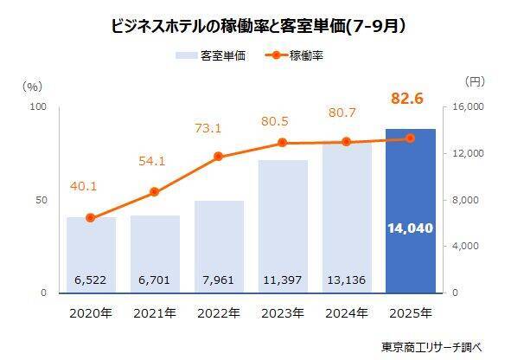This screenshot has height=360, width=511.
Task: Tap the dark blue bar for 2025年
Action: (x=410, y=211)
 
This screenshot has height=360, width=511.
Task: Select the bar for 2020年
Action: (x=91, y=254)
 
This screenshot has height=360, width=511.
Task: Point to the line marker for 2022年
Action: (x=218, y=157)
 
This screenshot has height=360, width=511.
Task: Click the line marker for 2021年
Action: (x=154, y=192)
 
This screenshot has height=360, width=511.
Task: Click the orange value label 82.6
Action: (x=410, y=101)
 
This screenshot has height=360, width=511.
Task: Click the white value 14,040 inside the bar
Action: (x=410, y=228)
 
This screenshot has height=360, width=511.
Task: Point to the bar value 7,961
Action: (x=218, y=280)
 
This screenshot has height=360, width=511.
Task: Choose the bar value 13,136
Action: (x=346, y=280)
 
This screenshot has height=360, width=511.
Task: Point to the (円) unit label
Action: (x=476, y=82)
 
